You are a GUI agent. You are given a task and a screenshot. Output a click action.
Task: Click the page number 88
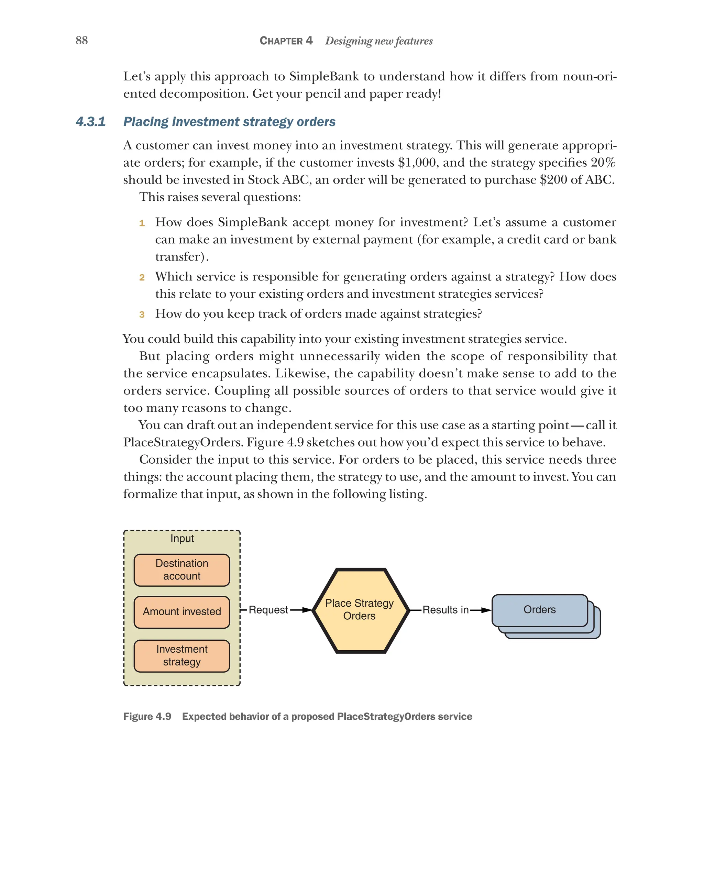click(x=81, y=40)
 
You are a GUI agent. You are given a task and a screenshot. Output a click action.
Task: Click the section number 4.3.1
click(x=90, y=122)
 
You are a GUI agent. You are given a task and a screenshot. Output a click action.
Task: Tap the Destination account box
click(x=181, y=570)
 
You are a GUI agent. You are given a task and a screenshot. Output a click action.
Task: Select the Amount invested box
click(x=181, y=611)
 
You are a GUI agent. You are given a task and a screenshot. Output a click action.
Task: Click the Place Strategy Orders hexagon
click(x=359, y=610)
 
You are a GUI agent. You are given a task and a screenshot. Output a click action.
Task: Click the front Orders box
click(x=539, y=610)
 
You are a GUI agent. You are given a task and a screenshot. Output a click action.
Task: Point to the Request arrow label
click(x=268, y=610)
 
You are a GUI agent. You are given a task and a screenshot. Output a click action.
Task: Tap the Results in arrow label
click(x=445, y=610)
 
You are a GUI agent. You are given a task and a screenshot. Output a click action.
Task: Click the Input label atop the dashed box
click(x=182, y=538)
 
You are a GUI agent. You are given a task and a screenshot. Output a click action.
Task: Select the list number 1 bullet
click(x=142, y=223)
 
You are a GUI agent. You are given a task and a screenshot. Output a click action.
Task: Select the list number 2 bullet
click(x=142, y=278)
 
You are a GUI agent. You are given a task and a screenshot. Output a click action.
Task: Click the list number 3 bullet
click(x=142, y=314)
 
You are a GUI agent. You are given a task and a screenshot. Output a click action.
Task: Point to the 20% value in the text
click(x=603, y=163)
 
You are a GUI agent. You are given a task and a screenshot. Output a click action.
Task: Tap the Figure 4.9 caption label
click(x=147, y=716)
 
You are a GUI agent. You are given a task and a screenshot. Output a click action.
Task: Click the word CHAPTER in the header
click(x=281, y=41)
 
